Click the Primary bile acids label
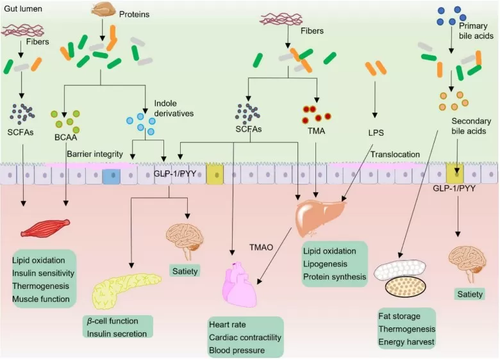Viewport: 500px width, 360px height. click(476, 31)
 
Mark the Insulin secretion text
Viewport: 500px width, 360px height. click(118, 333)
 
